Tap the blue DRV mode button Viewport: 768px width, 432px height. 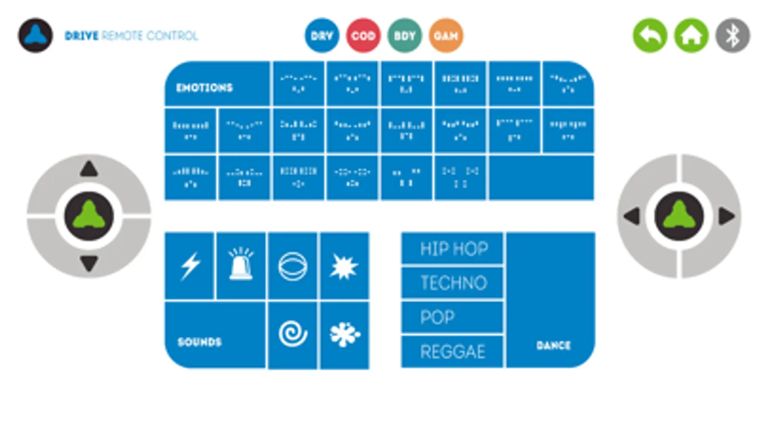click(x=321, y=36)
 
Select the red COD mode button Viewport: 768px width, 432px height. click(x=363, y=36)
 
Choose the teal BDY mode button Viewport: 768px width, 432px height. click(x=404, y=36)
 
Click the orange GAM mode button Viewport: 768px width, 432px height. click(x=446, y=36)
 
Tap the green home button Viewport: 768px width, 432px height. click(x=691, y=36)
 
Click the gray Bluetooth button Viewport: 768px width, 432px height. click(x=732, y=36)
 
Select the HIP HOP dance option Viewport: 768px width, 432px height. click(x=453, y=249)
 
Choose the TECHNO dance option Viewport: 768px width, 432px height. click(x=453, y=283)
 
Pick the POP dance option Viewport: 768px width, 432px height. click(x=453, y=317)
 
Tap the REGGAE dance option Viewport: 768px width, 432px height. click(x=453, y=352)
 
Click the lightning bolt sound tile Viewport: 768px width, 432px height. click(x=190, y=266)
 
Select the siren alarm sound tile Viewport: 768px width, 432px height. click(x=241, y=266)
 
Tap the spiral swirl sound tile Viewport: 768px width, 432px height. click(x=293, y=335)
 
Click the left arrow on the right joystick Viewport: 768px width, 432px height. click(x=632, y=216)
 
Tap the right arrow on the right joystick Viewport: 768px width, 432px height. click(x=726, y=216)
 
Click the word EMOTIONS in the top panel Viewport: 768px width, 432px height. click(x=204, y=88)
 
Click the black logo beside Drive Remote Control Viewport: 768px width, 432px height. click(x=36, y=36)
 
